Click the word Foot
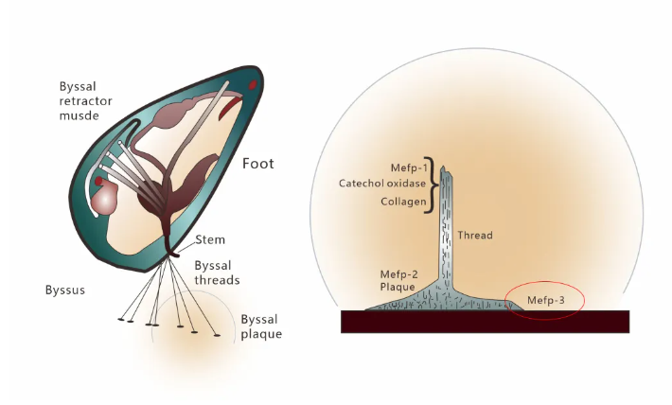257,164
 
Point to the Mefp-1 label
410,167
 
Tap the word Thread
474,235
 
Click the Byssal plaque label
260,326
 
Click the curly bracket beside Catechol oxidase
434,185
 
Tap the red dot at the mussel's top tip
253,86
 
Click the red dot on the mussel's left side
99,180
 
